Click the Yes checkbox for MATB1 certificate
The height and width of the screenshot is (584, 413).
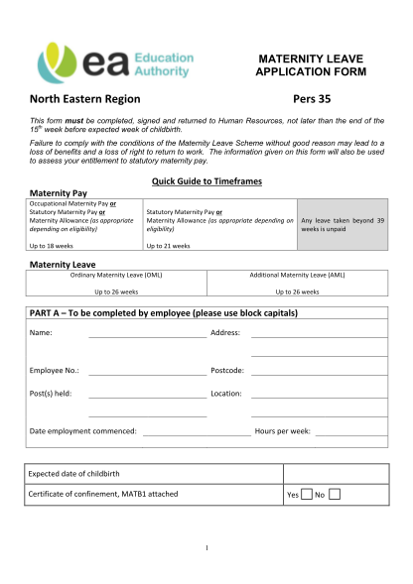coord(307,494)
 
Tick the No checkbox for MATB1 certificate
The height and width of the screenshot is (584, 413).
coord(334,494)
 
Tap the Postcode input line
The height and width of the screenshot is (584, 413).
coord(319,373)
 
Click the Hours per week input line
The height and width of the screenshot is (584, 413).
coord(351,433)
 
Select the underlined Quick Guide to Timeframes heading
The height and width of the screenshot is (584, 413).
coord(206,179)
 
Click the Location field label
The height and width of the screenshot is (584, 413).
coord(226,394)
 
